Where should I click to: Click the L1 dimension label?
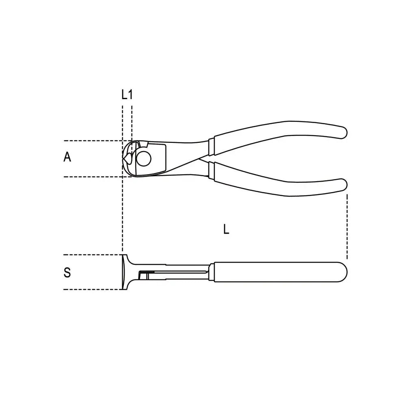click(127, 95)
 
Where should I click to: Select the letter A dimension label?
click(67, 157)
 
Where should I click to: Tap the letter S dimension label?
click(67, 272)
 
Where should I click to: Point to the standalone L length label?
click(226, 229)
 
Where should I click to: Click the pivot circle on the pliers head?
click(143, 158)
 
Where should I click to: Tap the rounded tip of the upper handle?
click(343, 132)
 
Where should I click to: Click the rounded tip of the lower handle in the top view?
click(343, 185)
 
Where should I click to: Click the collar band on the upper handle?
click(211, 147)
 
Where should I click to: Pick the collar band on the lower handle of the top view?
click(211, 170)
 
